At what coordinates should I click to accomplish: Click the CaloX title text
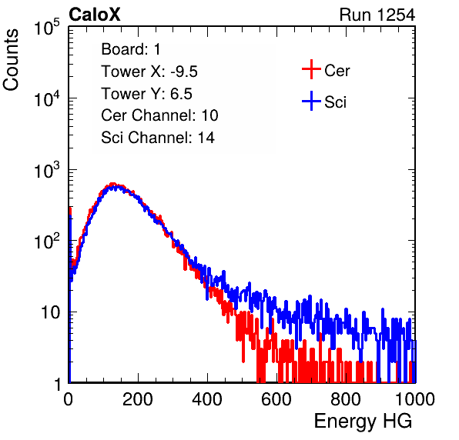[94, 15]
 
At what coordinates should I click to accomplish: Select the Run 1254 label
[377, 15]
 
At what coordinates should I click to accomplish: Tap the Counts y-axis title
[11, 60]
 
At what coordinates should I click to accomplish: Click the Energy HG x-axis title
[364, 421]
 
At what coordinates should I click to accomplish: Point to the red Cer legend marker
[311, 69]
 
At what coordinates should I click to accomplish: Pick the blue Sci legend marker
[311, 102]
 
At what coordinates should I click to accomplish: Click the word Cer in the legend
[337, 71]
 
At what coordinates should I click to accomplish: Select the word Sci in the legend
[335, 102]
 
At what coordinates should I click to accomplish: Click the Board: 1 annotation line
[131, 49]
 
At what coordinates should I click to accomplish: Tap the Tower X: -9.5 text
[149, 72]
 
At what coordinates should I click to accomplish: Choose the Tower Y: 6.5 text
[146, 94]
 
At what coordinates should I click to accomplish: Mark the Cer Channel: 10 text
[159, 115]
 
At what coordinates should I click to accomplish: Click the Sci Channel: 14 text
[158, 138]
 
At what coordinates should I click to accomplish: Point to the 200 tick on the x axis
[138, 399]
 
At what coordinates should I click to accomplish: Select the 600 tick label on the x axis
[276, 399]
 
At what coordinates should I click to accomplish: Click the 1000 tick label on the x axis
[415, 399]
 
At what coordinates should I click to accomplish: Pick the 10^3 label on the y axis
[47, 170]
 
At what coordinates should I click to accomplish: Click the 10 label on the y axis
[50, 313]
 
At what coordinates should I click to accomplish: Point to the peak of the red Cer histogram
[112, 184]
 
